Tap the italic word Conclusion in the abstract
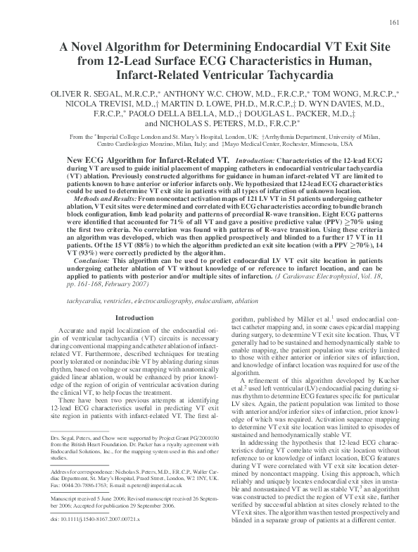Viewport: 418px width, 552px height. tap(110, 279)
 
